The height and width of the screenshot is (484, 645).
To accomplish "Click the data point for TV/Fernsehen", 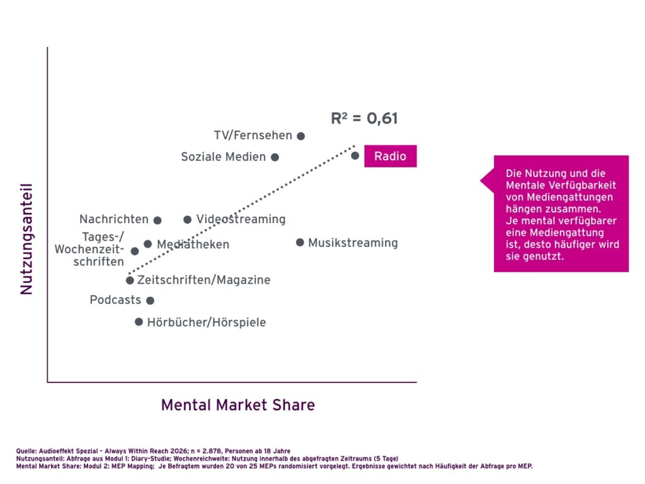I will (301, 135).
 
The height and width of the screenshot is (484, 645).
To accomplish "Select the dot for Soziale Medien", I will (275, 157).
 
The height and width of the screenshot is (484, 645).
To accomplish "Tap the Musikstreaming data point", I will (300, 243).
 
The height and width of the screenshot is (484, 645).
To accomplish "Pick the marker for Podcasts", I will (150, 301).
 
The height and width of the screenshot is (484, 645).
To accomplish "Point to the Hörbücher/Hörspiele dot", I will (139, 322).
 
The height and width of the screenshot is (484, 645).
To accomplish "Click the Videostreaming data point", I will (187, 220).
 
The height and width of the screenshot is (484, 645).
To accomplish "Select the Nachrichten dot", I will (157, 220).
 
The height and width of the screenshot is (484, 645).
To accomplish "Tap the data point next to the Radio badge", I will (355, 156).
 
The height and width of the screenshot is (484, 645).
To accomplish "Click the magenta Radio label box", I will (391, 156).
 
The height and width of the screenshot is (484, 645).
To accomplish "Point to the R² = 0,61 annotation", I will (364, 118).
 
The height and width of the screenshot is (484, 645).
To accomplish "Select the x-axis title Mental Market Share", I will (238, 405).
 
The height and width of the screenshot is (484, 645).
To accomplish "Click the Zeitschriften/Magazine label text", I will (203, 280).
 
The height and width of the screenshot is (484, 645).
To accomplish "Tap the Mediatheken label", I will (193, 245).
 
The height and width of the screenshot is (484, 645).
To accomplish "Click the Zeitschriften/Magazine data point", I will (130, 280).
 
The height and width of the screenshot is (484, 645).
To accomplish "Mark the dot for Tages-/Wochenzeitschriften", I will (135, 251).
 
